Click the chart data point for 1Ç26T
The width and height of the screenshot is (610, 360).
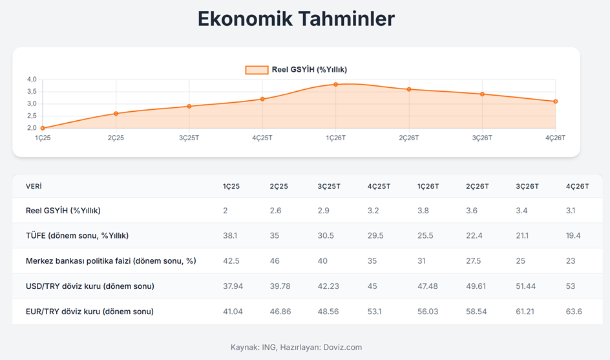(336, 84)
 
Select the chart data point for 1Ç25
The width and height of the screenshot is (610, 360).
(43, 128)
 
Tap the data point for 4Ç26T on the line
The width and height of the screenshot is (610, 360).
(555, 101)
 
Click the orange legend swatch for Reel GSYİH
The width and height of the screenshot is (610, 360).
(257, 70)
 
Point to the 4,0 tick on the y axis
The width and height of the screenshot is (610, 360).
(32, 79)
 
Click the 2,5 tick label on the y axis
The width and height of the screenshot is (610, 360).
(32, 116)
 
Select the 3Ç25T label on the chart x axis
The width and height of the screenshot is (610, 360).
(189, 138)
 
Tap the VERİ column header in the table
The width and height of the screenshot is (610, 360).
(34, 186)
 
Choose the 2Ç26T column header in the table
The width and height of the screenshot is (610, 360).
(478, 186)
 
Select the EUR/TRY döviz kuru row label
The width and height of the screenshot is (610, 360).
(89, 312)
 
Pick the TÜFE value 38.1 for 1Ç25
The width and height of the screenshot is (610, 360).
(230, 235)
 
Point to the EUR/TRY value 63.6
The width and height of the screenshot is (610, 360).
(574, 312)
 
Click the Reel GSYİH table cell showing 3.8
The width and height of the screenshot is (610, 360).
(423, 210)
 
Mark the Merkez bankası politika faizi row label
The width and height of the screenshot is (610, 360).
(110, 260)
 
